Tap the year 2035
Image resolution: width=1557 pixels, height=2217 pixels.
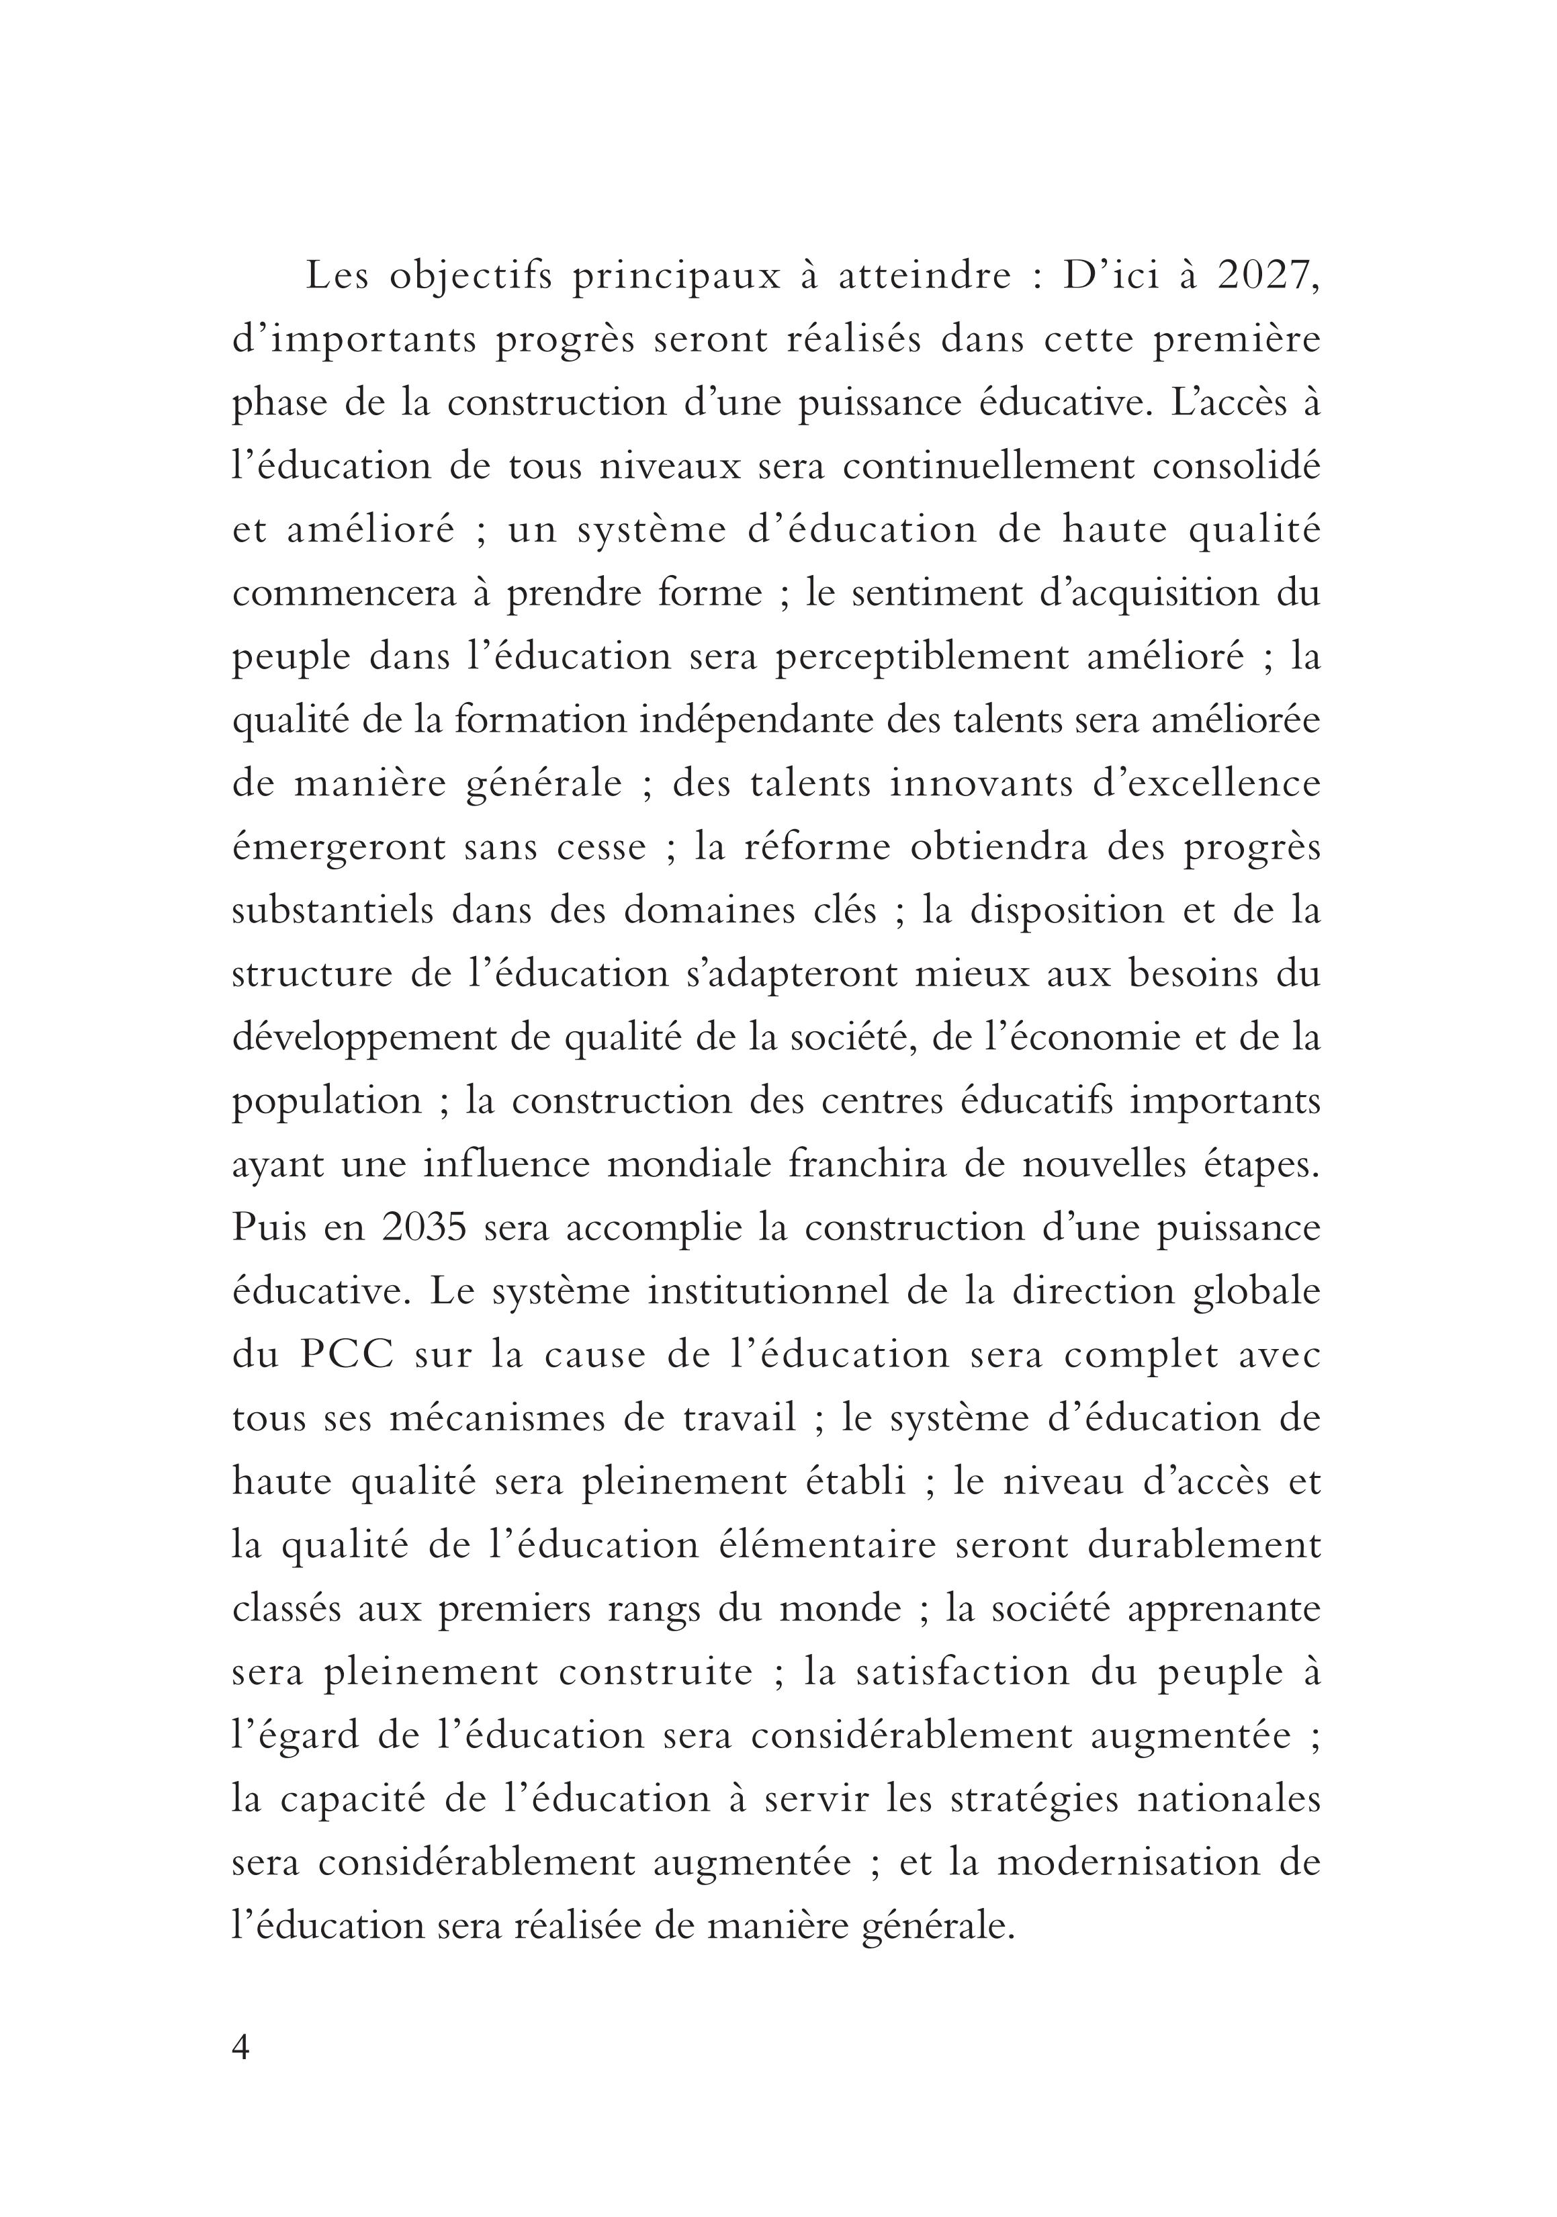[425, 1228]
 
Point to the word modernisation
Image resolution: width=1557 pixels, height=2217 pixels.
[1128, 1864]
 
